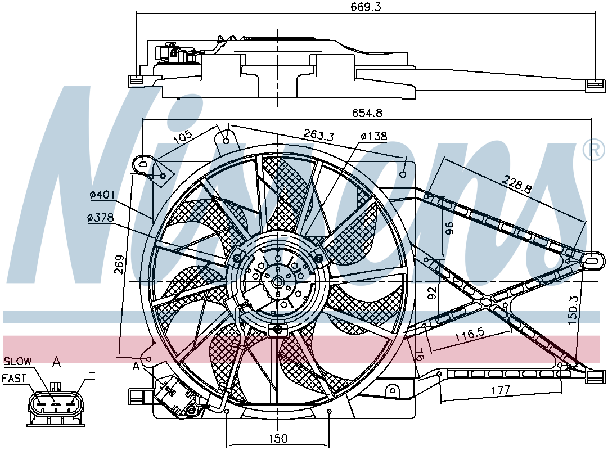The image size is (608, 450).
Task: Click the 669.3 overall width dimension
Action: point(366,6)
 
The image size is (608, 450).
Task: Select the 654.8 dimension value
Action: point(367,112)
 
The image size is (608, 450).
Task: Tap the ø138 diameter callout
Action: point(373,136)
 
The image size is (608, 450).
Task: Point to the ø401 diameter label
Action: point(102,195)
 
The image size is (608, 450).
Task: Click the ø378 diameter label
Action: point(101,218)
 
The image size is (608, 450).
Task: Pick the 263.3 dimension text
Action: point(318,134)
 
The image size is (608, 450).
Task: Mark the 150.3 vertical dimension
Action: point(574,310)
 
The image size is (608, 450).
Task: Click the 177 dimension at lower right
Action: point(500,390)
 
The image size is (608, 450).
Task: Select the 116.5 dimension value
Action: point(469,335)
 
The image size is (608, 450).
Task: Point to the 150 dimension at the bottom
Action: point(278,438)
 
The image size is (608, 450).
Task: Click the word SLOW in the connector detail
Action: point(18,361)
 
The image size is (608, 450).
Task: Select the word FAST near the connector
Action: point(15,378)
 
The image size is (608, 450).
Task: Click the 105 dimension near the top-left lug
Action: point(182,137)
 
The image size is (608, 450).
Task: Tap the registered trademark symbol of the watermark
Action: point(593,150)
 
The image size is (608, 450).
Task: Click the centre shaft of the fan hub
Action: point(278,282)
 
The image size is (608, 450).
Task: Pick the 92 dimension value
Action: point(433,293)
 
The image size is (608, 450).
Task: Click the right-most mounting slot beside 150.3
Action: point(592,260)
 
